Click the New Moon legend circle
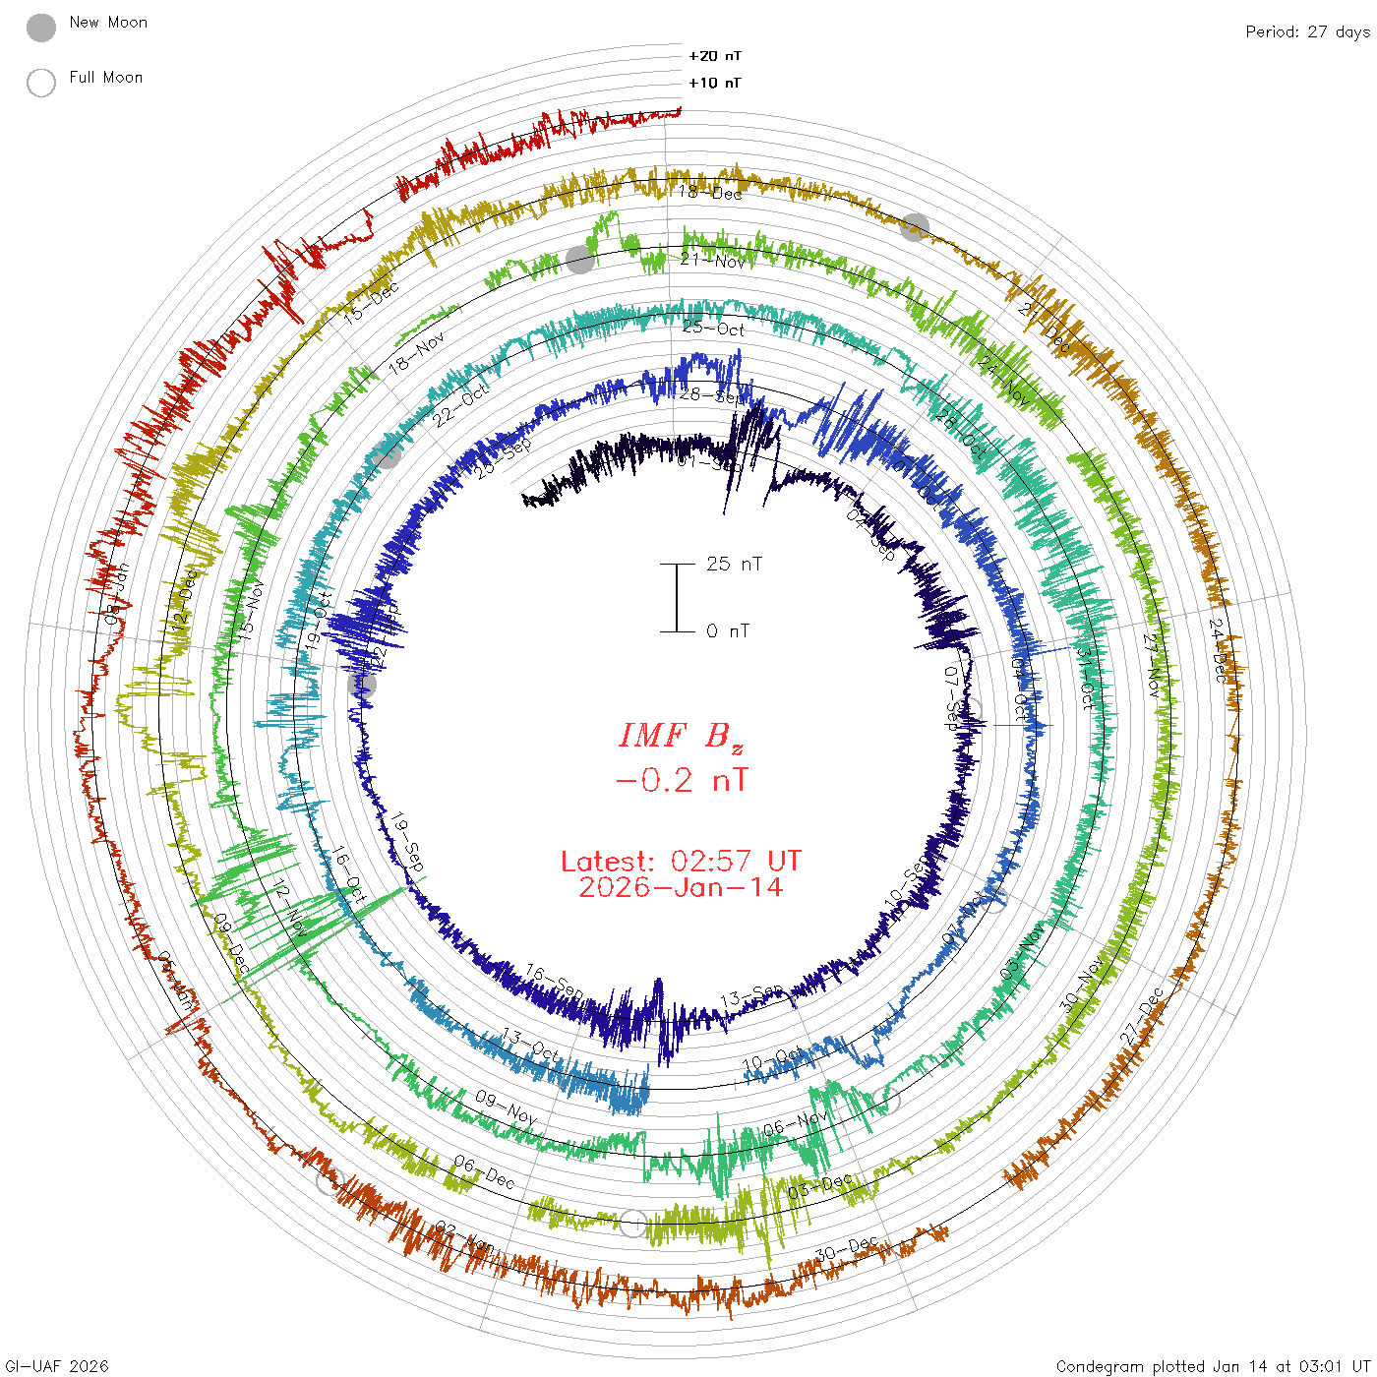[x=41, y=28]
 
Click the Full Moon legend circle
[x=41, y=83]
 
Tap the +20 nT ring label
[x=715, y=56]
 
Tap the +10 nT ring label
[x=715, y=83]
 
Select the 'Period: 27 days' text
[x=1307, y=31]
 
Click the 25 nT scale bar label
[x=734, y=564]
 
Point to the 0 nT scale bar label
[x=728, y=630]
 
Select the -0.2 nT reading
[x=681, y=781]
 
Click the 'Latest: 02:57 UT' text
[x=681, y=862]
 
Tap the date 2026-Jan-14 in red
[x=681, y=887]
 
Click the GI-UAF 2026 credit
[x=55, y=1366]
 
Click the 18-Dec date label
[x=710, y=192]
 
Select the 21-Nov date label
[x=713, y=261]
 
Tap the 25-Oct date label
[x=713, y=328]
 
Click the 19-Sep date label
[x=407, y=843]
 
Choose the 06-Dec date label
[x=484, y=1171]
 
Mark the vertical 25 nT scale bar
[x=677, y=597]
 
